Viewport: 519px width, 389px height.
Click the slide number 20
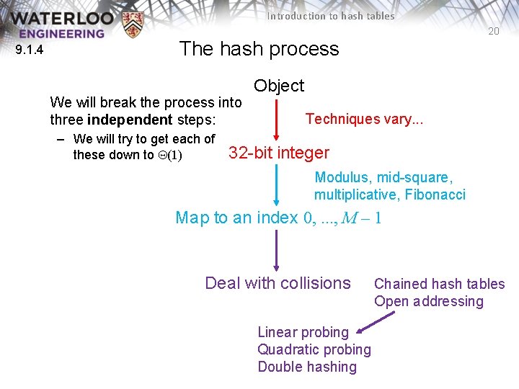[493, 32]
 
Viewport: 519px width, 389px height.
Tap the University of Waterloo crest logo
[133, 24]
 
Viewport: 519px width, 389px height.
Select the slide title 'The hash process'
[259, 49]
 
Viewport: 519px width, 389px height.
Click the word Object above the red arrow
[279, 86]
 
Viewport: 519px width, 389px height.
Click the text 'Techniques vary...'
[364, 119]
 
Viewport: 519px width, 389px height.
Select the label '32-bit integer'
[278, 153]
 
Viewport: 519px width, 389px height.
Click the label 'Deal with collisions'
[278, 283]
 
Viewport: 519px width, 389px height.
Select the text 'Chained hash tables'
[439, 284]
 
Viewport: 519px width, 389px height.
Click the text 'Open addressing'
[428, 301]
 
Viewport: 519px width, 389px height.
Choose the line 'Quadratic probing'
[314, 349]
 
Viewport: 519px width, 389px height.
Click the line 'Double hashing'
[307, 367]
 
